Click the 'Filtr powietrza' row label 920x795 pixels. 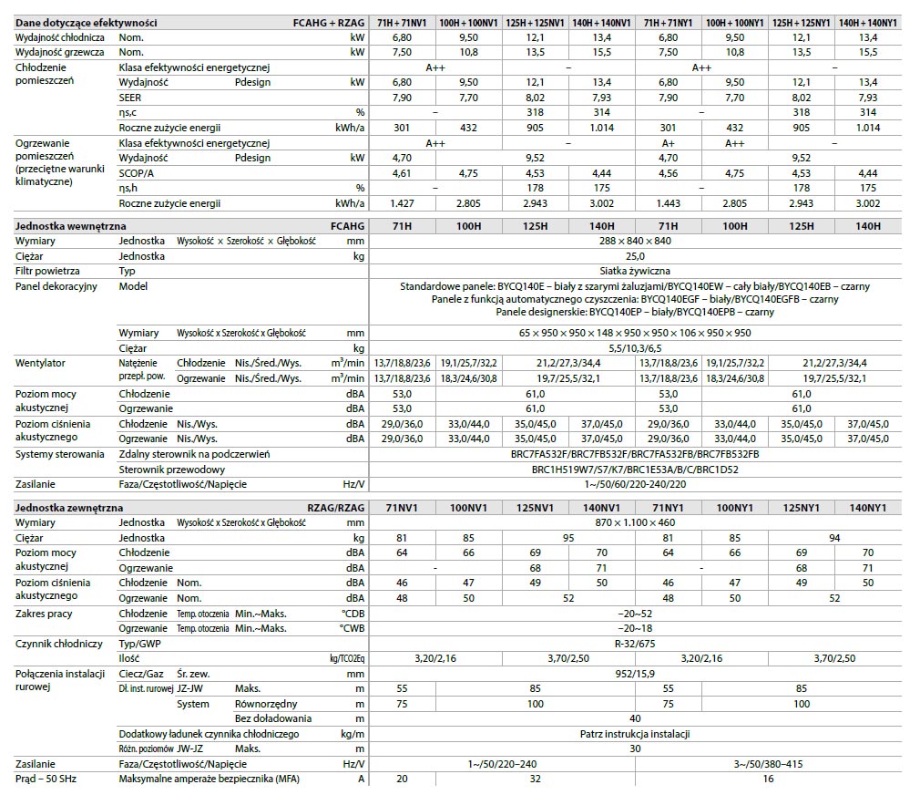(47, 271)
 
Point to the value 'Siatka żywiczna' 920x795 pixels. (636, 271)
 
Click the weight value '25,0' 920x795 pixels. (636, 256)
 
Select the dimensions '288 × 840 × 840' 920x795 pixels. (636, 241)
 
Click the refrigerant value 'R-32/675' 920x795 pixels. (636, 644)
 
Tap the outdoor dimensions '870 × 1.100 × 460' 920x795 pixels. (636, 522)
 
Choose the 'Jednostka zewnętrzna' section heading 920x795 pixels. (69, 507)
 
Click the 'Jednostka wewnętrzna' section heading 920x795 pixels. (71, 225)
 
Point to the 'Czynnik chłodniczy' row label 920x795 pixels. (59, 644)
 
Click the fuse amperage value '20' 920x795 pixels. (402, 779)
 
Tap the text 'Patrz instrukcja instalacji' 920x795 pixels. (636, 734)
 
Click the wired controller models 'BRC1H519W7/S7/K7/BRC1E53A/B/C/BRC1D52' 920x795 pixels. (636, 470)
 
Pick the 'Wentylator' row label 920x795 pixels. (40, 363)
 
